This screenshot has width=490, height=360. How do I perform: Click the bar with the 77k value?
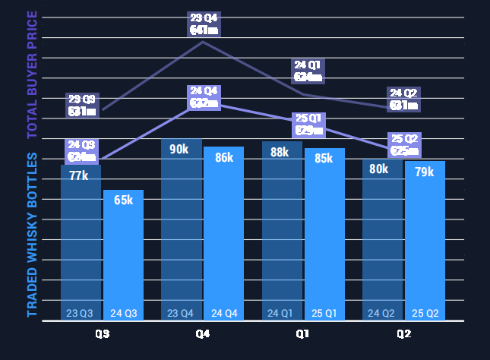click(81, 243)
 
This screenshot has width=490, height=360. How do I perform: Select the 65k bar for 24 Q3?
click(123, 254)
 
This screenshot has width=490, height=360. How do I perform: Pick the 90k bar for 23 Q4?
click(181, 228)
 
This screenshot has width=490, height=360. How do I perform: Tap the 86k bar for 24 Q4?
click(223, 232)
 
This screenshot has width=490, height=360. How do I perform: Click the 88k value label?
click(280, 152)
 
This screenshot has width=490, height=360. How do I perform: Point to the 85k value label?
click(324, 159)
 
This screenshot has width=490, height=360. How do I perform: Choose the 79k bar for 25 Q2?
click(425, 239)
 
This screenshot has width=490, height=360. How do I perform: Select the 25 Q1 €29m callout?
click(308, 124)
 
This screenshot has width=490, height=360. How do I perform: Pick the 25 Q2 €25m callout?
click(404, 144)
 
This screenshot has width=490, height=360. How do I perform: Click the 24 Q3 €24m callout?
click(81, 151)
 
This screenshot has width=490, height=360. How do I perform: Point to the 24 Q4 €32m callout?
click(204, 97)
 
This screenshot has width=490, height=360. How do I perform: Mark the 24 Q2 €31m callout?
click(403, 99)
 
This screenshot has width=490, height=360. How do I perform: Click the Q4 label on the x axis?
click(202, 334)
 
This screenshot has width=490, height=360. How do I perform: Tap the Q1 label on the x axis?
click(302, 334)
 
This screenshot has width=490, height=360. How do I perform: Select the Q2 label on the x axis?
click(403, 334)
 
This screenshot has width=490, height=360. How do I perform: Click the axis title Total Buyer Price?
click(32, 74)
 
